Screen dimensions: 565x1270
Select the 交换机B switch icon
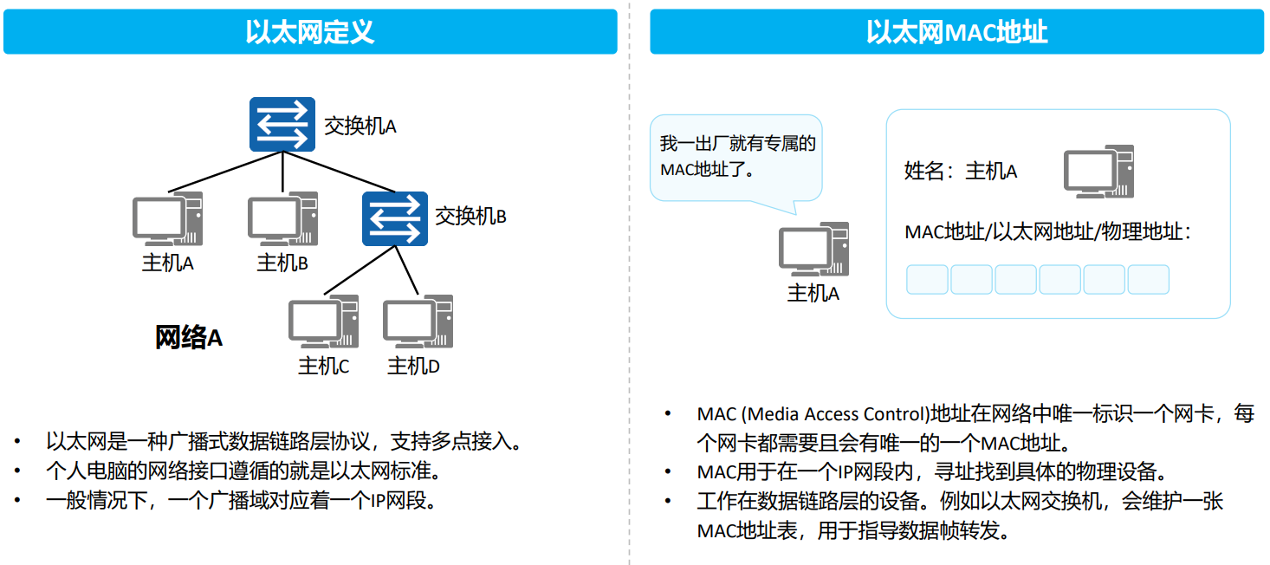[x=394, y=218]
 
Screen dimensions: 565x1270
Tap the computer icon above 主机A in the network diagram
[x=167, y=218]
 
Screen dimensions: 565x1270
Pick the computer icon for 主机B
[x=282, y=218]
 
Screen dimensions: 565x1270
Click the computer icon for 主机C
[x=323, y=321]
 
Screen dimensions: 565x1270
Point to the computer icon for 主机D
[x=418, y=321]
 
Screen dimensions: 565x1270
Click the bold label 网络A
[x=189, y=338]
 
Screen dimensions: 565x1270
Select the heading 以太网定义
[x=309, y=32]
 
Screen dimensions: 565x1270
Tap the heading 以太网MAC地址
[x=956, y=32]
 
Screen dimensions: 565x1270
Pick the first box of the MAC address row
[x=927, y=279]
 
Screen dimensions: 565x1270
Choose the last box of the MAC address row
[x=1148, y=279]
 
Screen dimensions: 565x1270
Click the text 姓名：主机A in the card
[x=960, y=172]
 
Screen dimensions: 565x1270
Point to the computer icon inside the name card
[x=1098, y=172]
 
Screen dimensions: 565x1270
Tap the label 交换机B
[x=470, y=216]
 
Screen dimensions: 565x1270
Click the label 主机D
[x=413, y=367]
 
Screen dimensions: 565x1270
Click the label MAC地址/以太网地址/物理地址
[x=1047, y=232]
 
